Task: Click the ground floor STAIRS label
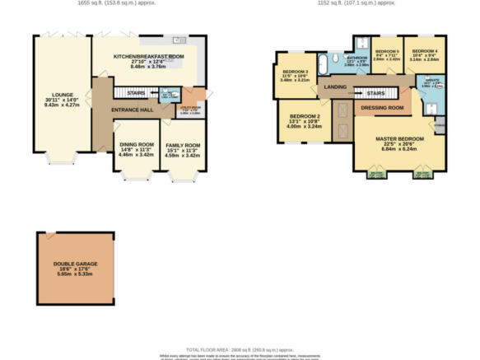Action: coord(136,93)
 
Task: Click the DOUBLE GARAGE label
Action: coord(76,264)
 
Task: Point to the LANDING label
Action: coord(335,86)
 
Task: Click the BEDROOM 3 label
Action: coord(294,72)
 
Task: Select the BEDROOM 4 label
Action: coord(424,50)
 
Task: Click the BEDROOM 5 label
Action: coord(386,50)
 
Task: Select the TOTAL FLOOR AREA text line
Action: coord(240,349)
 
